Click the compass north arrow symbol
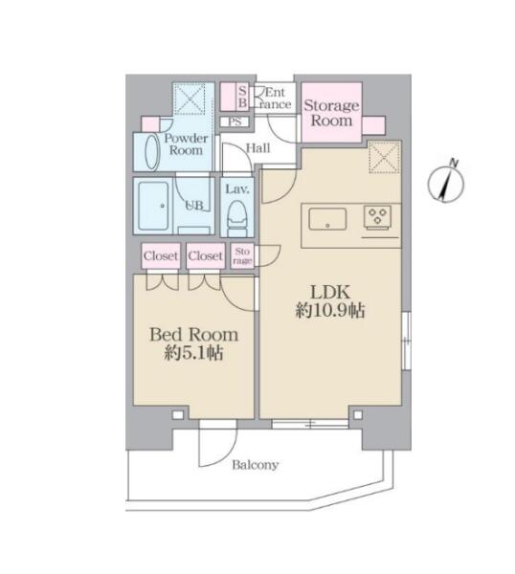point(446,182)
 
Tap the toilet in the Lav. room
point(236,218)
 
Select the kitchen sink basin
point(327,219)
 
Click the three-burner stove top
point(377,217)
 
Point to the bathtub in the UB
point(154,206)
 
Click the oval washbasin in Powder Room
point(152,153)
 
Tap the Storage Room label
point(331,113)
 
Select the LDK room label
point(330,292)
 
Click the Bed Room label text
point(193,335)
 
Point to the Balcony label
point(256,465)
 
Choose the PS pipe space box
point(235,121)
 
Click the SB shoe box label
point(242,97)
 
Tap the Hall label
point(258,148)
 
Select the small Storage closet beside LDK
point(242,255)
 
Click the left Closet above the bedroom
point(161,255)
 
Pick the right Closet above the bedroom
point(205,255)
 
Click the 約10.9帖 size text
point(330,311)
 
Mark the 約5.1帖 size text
point(193,353)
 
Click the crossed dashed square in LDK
point(384,157)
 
